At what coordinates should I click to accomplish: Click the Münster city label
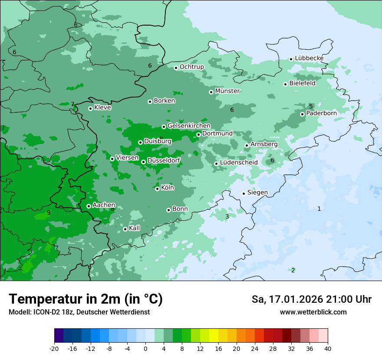click(x=227, y=91)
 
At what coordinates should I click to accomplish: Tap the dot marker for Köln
click(x=157, y=189)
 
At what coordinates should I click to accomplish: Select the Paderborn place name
click(x=321, y=113)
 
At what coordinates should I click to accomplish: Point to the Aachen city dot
click(x=89, y=206)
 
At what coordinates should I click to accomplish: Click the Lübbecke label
click(x=309, y=58)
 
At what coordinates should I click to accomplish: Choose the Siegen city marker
click(x=244, y=193)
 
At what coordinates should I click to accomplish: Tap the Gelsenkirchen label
click(x=189, y=126)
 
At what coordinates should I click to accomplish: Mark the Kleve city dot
click(x=90, y=108)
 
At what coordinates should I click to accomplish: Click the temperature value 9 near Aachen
click(x=49, y=213)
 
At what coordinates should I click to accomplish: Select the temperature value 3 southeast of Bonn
click(x=227, y=216)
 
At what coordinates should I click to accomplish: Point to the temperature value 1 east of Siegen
click(x=319, y=209)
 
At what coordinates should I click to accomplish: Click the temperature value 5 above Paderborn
click(x=311, y=106)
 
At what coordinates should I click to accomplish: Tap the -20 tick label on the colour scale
click(x=54, y=349)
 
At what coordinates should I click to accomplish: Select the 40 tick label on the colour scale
click(x=327, y=349)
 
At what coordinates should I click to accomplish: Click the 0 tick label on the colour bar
click(x=145, y=349)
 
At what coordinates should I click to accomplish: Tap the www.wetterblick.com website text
click(x=313, y=312)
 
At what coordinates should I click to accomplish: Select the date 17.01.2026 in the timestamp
click(x=294, y=299)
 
